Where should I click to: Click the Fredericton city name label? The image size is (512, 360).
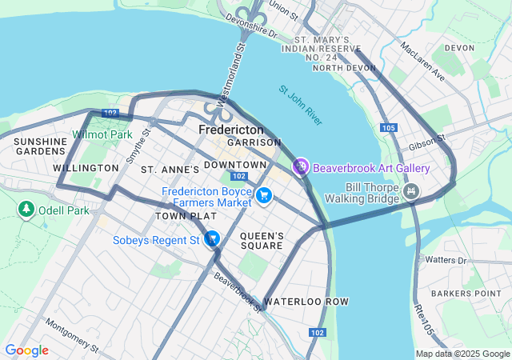point(231,129)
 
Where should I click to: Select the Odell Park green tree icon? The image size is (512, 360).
point(26,210)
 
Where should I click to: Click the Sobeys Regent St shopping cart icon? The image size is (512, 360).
point(212,238)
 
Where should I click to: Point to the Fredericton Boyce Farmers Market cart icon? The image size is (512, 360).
point(264,195)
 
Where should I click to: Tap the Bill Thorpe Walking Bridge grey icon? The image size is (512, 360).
point(411,191)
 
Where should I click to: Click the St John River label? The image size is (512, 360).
point(301,105)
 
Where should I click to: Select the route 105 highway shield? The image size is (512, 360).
point(389,128)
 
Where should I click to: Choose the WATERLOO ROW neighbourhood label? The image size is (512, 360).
point(306,302)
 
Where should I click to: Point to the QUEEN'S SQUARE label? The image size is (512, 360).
point(262,241)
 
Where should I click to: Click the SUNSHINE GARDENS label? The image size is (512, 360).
point(39,146)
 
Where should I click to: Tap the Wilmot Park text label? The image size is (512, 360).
point(102,134)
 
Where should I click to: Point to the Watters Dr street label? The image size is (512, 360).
point(446,260)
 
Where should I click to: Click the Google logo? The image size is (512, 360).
point(26,350)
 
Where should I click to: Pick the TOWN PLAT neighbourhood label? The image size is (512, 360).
point(186,216)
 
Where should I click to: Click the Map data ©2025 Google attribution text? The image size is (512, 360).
point(462,354)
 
